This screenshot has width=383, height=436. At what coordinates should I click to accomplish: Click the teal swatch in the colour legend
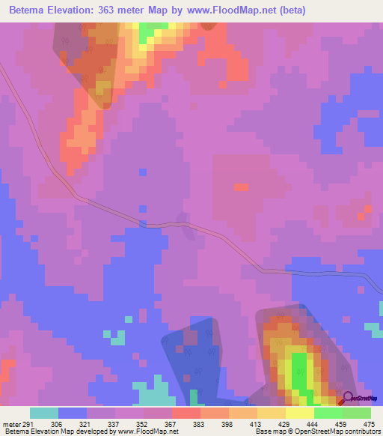click(44, 413)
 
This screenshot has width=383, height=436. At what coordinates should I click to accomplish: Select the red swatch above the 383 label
click(186, 413)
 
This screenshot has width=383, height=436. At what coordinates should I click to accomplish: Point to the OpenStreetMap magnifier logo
click(347, 398)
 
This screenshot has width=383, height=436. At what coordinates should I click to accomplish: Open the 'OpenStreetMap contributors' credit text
click(344, 432)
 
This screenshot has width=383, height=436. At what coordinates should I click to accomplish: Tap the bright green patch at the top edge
click(153, 28)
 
